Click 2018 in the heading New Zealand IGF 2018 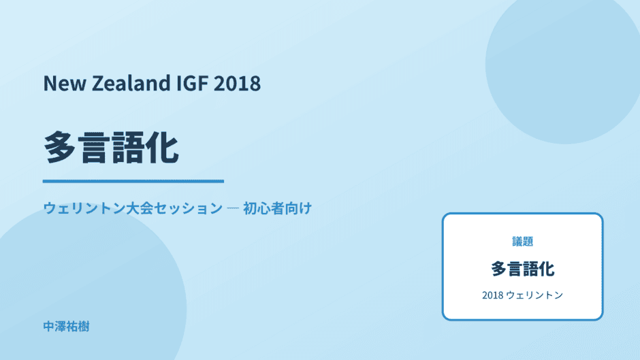pyautogui.click(x=237, y=83)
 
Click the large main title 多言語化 pyautogui.click(x=111, y=148)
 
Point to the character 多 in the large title pyautogui.click(x=60, y=148)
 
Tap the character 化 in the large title pyautogui.click(x=163, y=148)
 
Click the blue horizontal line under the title pyautogui.click(x=133, y=181)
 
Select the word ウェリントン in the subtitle pyautogui.click(x=84, y=208)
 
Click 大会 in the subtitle pyautogui.click(x=140, y=208)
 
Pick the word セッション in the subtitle pyautogui.click(x=188, y=208)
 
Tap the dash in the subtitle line pyautogui.click(x=233, y=208)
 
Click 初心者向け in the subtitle pyautogui.click(x=277, y=208)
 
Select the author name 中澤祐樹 pyautogui.click(x=66, y=327)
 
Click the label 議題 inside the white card pyautogui.click(x=522, y=242)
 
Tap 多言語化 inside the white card pyautogui.click(x=522, y=269)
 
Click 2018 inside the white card pyautogui.click(x=493, y=295)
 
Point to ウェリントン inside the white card pyautogui.click(x=534, y=295)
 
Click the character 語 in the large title pyautogui.click(x=128, y=148)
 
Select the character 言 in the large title pyautogui.click(x=94, y=148)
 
